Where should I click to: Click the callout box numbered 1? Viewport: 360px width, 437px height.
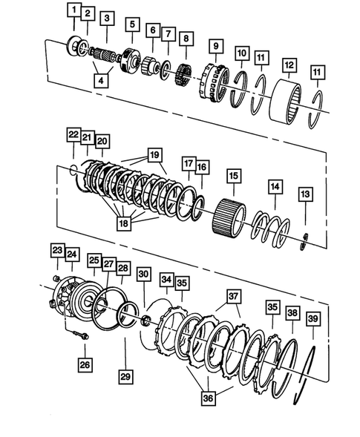point(73,10)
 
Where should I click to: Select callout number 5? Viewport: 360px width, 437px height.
point(133,24)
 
